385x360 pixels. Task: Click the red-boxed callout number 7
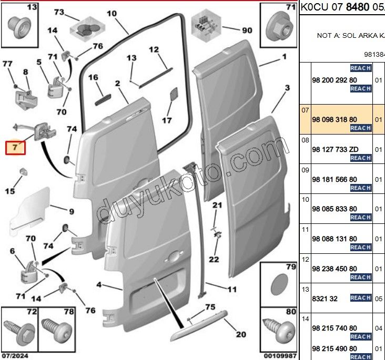tap(15, 147)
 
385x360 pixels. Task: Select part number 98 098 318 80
tap(334, 120)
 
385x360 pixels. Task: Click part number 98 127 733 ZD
tap(335, 149)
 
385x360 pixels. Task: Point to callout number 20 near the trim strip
tap(241, 334)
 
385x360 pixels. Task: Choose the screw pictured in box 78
tap(55, 331)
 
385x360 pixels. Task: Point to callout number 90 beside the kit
tap(247, 30)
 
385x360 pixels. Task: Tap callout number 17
tap(166, 120)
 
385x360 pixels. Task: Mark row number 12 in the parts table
tap(305, 260)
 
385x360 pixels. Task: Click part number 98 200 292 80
tap(334, 80)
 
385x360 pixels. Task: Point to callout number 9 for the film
tap(71, 212)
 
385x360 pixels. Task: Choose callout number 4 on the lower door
tap(99, 285)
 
